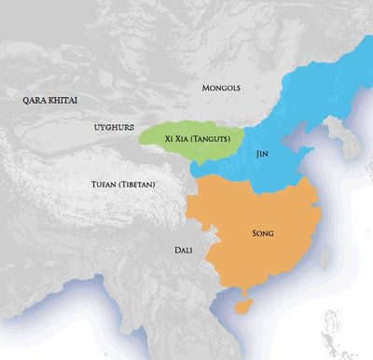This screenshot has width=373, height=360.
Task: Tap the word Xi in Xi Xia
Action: point(167,140)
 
